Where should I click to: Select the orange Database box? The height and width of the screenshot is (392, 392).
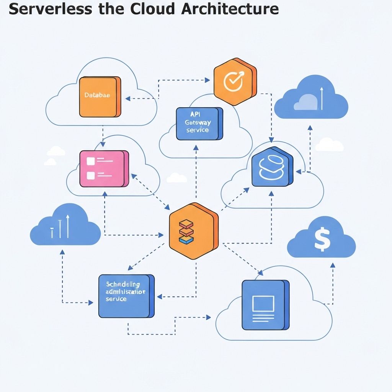coord(99,97)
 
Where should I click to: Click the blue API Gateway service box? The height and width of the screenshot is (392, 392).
coord(199,124)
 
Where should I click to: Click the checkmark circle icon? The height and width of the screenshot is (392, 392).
coord(233,82)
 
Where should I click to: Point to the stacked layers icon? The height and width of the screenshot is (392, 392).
coord(186,232)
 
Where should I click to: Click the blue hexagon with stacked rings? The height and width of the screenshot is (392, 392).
coord(272,168)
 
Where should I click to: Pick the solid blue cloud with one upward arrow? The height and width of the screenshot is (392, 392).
coord(311,99)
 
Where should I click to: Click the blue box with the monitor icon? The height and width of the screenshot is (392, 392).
coord(265,305)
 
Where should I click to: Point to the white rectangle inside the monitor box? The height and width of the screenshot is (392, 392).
coord(263,304)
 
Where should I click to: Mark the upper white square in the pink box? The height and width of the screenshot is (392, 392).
coord(90,161)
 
